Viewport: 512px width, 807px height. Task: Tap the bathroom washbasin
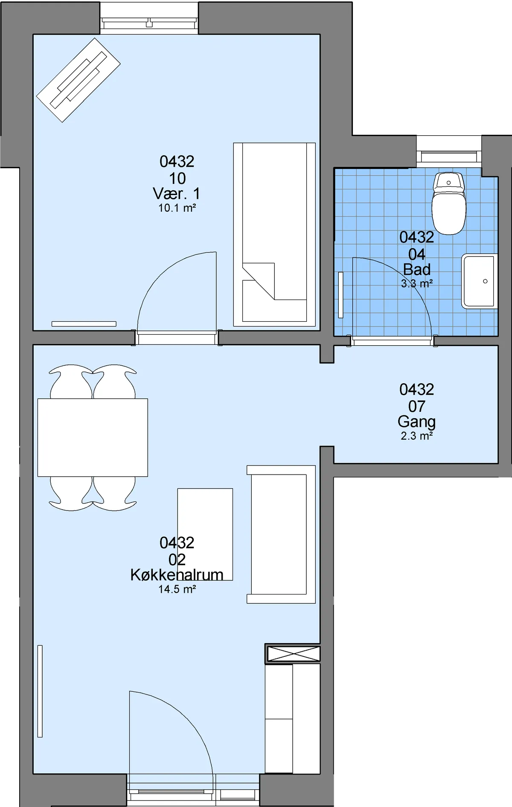point(480,281)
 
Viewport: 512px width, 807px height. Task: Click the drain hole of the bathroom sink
point(485,281)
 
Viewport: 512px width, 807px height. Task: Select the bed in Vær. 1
point(274,235)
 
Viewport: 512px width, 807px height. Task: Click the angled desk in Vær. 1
point(79,80)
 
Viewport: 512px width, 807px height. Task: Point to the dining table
point(93,437)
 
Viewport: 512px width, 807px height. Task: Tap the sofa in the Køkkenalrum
point(281,534)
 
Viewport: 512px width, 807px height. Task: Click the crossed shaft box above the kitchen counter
point(293,653)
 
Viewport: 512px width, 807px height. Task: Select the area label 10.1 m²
point(177,208)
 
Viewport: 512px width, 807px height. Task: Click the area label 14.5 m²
point(177,589)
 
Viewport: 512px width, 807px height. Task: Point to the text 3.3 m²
point(417,283)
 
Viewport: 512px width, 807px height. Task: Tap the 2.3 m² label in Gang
point(417,436)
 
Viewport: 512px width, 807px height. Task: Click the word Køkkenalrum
point(177,575)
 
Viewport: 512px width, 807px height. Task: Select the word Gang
point(417,422)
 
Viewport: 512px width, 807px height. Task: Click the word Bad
point(417,270)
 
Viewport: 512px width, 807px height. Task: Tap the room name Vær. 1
point(177,194)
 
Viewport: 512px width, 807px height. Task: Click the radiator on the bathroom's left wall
point(340,295)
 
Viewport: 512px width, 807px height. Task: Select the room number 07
point(417,406)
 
